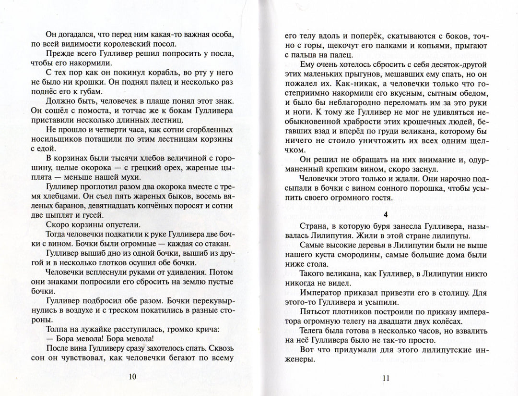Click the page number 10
pyautogui.click(x=132, y=376)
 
